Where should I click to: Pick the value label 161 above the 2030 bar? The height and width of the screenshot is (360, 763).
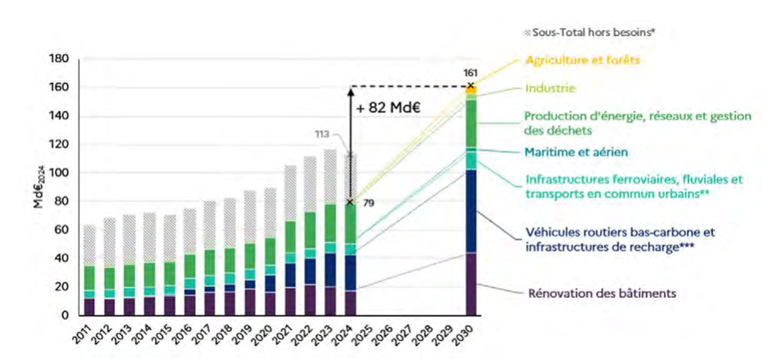pyautogui.click(x=470, y=72)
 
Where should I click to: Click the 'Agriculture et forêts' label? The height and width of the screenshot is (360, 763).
pyautogui.click(x=583, y=60)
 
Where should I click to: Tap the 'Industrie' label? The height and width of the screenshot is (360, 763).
pyautogui.click(x=550, y=88)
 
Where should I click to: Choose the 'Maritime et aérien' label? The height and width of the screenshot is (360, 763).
pyautogui.click(x=577, y=152)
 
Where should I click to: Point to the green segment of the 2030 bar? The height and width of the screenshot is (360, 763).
pyautogui.click(x=472, y=124)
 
